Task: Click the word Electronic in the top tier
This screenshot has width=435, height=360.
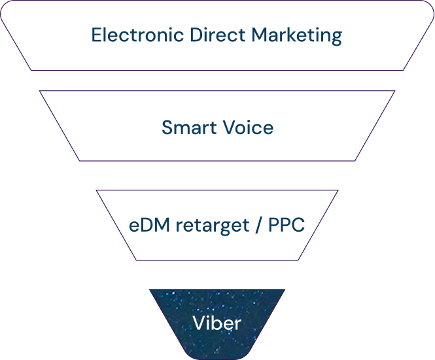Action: pyautogui.click(x=137, y=35)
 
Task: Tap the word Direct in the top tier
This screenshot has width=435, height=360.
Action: pyautogui.click(x=218, y=35)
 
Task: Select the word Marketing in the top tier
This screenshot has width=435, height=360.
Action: pyautogui.click(x=297, y=36)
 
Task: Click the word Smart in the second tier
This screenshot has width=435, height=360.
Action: pyautogui.click(x=189, y=128)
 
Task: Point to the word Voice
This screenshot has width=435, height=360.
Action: pyautogui.click(x=249, y=128)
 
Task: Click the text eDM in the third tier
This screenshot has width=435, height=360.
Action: pyautogui.click(x=150, y=225)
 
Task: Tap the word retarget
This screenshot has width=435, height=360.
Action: pyautogui.click(x=213, y=226)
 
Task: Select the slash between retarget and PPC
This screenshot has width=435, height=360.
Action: pyautogui.click(x=258, y=225)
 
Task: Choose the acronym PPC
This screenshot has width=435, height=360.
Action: pyautogui.click(x=287, y=225)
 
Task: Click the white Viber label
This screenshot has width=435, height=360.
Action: pyautogui.click(x=217, y=323)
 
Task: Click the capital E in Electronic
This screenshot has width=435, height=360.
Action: pyautogui.click(x=97, y=35)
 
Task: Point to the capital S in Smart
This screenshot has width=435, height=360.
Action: pyautogui.click(x=167, y=128)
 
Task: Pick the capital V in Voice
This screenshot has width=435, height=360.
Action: pyautogui.click(x=230, y=128)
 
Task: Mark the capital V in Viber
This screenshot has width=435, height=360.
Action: pyautogui.click(x=199, y=323)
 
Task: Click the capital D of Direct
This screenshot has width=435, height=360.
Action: pyautogui.click(x=197, y=35)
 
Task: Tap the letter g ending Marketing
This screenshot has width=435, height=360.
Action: pyautogui.click(x=336, y=39)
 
